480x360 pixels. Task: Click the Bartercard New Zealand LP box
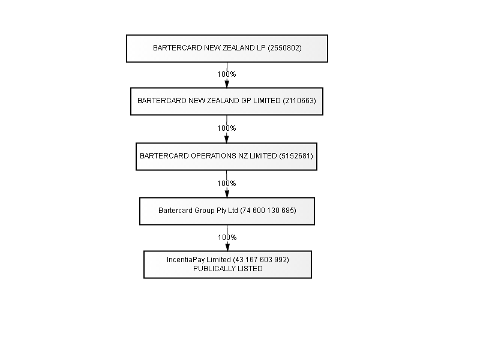pyautogui.click(x=227, y=49)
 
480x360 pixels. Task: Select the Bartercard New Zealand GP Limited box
pyautogui.click(x=227, y=101)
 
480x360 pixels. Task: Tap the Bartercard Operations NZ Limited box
pyautogui.click(x=227, y=157)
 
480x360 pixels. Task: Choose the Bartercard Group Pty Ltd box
pyautogui.click(x=227, y=211)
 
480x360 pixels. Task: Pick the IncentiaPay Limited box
pyautogui.click(x=228, y=265)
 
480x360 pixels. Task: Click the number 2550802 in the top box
pyautogui.click(x=284, y=48)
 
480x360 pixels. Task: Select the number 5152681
pyautogui.click(x=296, y=156)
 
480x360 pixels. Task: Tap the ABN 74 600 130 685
pyautogui.click(x=268, y=211)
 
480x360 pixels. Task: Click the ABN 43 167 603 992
pyautogui.click(x=261, y=260)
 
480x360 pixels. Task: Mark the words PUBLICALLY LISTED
pyautogui.click(x=228, y=269)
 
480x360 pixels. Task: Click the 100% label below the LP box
pyautogui.click(x=227, y=74)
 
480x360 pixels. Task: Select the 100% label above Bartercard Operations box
pyautogui.click(x=227, y=128)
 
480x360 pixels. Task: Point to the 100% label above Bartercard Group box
pyautogui.click(x=227, y=184)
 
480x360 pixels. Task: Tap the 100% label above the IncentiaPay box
pyautogui.click(x=227, y=238)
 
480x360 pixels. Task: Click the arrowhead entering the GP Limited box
pyautogui.click(x=227, y=83)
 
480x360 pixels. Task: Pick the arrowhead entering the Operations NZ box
pyautogui.click(x=227, y=139)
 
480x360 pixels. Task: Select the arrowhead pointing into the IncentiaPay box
pyautogui.click(x=227, y=247)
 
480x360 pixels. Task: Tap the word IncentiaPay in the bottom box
pyautogui.click(x=186, y=260)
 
